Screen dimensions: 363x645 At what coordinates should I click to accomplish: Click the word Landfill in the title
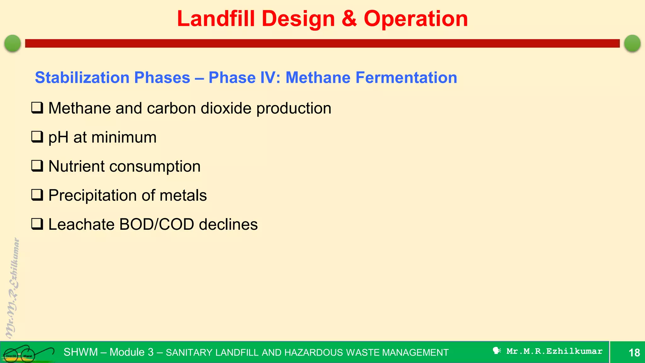pos(216,19)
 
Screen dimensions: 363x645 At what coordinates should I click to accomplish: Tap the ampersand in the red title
pos(349,19)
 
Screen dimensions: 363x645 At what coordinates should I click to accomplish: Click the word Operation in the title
pos(416,19)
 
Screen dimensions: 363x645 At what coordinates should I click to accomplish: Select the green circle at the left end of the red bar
pos(13,43)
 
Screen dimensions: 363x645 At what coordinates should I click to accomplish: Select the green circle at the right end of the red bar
pos(632,43)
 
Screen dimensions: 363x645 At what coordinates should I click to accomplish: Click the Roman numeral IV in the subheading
pos(270,78)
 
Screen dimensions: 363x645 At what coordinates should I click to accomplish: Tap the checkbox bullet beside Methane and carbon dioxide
pos(37,108)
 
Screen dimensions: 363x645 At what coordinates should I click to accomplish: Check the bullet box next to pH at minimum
pos(37,137)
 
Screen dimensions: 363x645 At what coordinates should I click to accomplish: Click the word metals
pos(183,195)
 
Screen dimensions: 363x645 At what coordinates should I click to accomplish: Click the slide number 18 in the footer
pos(634,352)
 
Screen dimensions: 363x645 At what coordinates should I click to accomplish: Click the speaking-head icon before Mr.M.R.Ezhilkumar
pos(497,351)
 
